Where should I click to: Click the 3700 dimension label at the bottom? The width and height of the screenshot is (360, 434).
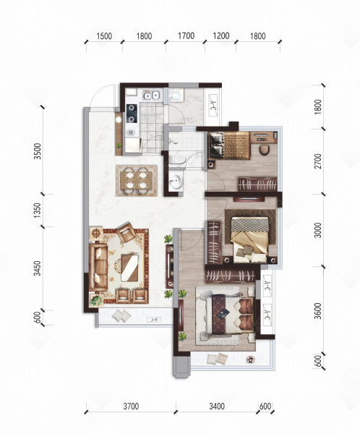(131, 407)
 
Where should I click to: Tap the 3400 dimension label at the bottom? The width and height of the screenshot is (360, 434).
(217, 407)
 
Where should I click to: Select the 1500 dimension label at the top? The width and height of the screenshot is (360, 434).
(104, 36)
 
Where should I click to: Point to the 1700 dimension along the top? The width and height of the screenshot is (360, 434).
(186, 36)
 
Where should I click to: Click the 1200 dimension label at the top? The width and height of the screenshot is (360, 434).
(221, 36)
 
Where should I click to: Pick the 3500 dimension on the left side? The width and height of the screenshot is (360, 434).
(38, 151)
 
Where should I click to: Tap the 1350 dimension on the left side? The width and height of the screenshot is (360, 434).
(38, 210)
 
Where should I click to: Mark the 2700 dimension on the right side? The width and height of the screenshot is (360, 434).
(319, 161)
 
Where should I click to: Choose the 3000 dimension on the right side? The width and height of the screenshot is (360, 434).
(319, 230)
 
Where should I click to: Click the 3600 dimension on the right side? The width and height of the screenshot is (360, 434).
(319, 311)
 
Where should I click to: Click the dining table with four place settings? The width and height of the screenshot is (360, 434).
(137, 180)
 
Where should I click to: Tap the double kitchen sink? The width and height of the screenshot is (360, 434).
(151, 95)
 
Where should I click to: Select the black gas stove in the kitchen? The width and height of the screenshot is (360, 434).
(132, 114)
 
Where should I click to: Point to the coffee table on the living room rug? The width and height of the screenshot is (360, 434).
(130, 268)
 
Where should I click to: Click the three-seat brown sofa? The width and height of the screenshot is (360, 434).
(98, 267)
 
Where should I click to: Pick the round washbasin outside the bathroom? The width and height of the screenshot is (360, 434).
(176, 181)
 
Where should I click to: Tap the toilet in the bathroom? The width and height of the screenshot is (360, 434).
(177, 160)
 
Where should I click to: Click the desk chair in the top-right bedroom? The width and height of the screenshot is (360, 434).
(264, 150)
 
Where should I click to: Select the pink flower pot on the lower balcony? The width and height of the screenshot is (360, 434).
(250, 359)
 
